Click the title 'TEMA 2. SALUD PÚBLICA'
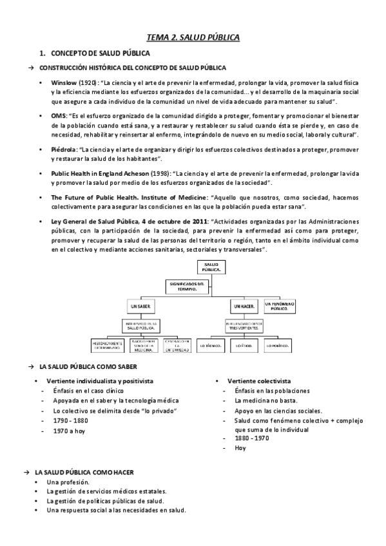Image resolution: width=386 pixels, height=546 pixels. click(193, 38)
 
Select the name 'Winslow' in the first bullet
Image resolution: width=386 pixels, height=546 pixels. click(63, 83)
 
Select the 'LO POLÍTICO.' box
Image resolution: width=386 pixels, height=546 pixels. click(274, 346)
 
